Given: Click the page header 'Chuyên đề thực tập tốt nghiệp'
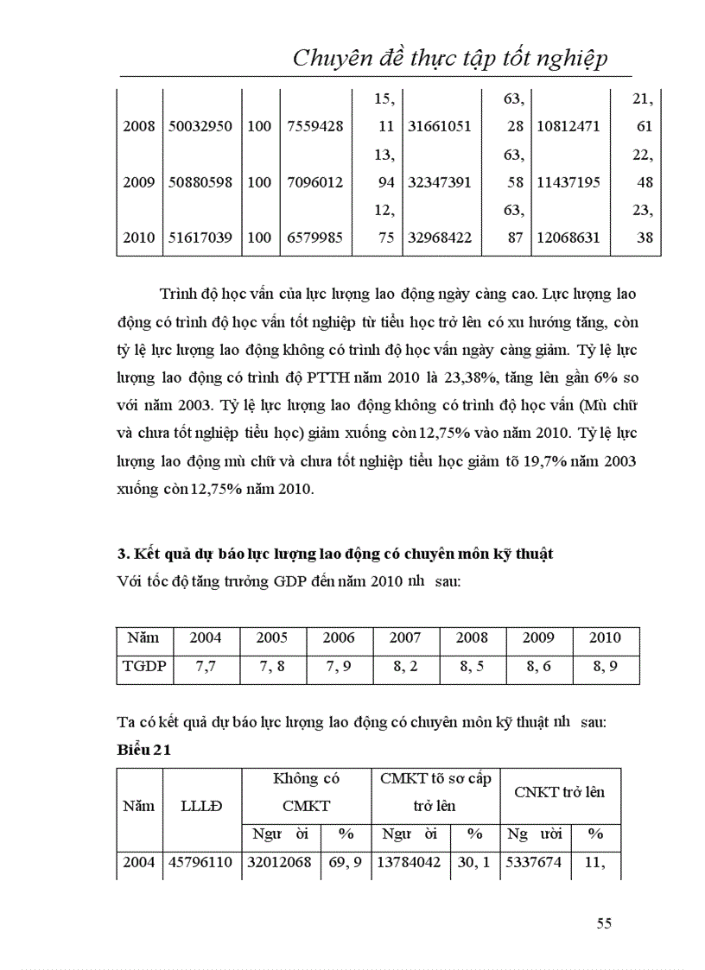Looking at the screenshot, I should coord(450,58).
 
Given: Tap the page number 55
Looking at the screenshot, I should coord(604,923).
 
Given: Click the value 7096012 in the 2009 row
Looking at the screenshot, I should coord(314,182).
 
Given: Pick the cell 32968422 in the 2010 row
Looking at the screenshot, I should coord(439,238).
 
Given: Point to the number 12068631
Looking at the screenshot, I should coord(568,238).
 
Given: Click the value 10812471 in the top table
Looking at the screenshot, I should coord(568,126).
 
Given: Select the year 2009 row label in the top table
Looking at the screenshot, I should coord(138,182).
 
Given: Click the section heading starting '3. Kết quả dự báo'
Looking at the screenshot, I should coord(334,555).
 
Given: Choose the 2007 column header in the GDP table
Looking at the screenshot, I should coord(405,638).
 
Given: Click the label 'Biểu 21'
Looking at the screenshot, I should coord(143,750).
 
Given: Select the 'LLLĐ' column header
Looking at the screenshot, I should coord(201,806).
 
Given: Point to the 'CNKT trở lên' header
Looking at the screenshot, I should coord(560,792).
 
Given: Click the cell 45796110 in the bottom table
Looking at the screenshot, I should coord(200,863).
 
